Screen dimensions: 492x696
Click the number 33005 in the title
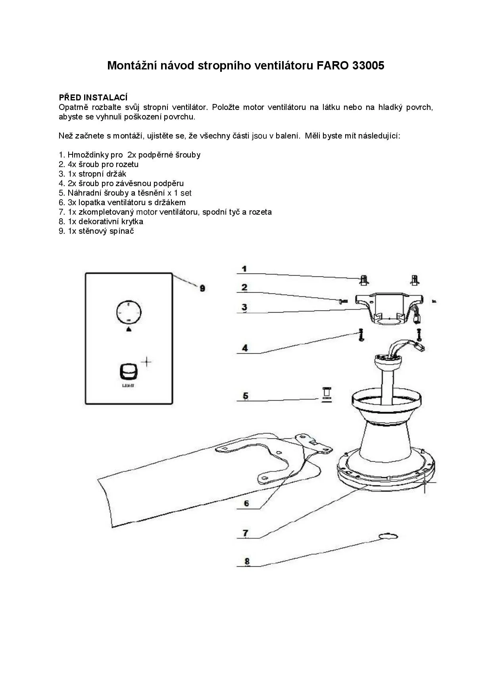pos(368,65)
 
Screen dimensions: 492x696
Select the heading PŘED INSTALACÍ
pos(93,97)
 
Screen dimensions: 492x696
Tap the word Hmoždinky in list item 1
pos(86,155)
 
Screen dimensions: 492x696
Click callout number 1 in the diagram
pos(244,269)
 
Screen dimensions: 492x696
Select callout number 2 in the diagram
pos(244,287)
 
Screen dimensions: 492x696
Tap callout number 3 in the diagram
pos(244,307)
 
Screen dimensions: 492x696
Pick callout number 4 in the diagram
pos(245,348)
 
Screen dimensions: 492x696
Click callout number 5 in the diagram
pos(246,396)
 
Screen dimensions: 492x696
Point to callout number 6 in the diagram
pos(246,504)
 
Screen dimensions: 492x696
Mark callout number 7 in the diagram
pos(246,533)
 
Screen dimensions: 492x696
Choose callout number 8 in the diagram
pos(247,561)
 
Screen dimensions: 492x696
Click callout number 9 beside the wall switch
pos(202,288)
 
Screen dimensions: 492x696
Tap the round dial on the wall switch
pos(129,313)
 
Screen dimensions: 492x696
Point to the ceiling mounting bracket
pos(389,309)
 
